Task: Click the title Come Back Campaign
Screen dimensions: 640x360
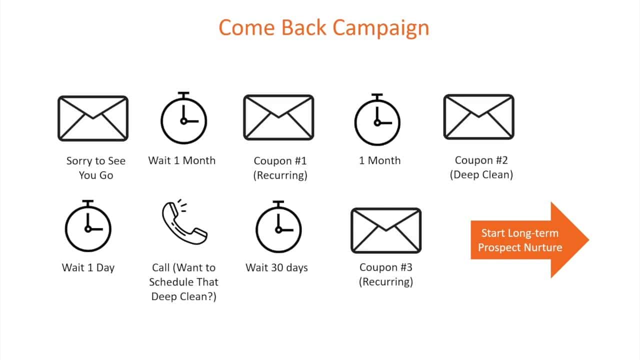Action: pyautogui.click(x=324, y=28)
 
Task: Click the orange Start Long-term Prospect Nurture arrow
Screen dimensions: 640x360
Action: pyautogui.click(x=530, y=240)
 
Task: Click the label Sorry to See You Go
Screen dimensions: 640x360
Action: pyautogui.click(x=96, y=168)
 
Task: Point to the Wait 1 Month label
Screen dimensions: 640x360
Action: pyautogui.click(x=182, y=160)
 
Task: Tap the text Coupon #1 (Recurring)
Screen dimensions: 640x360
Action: pyautogui.click(x=280, y=168)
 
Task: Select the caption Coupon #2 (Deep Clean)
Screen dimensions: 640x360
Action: pyautogui.click(x=481, y=167)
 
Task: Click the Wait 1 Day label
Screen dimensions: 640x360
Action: pyautogui.click(x=88, y=267)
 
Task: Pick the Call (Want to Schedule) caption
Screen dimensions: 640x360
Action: pyautogui.click(x=183, y=282)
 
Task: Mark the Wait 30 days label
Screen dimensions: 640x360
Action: pyautogui.click(x=277, y=267)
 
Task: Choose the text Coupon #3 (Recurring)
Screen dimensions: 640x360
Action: pyautogui.click(x=386, y=274)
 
